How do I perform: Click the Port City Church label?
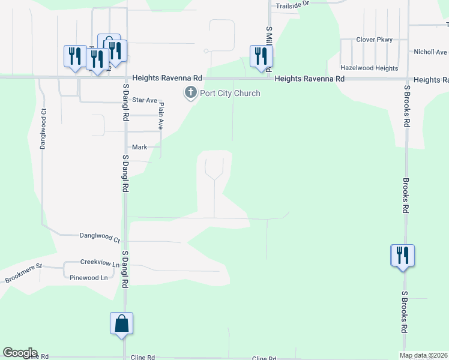pos(231,93)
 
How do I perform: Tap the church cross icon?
pos(191,92)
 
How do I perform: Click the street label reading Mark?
pos(139,146)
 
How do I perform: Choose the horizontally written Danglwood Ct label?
pos(100,236)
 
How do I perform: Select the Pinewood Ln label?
pos(88,278)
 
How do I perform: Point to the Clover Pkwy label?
pos(374,40)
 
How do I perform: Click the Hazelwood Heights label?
pos(369,68)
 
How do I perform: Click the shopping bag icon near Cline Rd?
pos(122,323)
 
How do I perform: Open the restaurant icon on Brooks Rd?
pos(402,255)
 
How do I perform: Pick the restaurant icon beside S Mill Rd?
pos(261,56)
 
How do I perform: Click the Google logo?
pos(20,353)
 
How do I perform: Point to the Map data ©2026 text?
pos(423,355)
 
